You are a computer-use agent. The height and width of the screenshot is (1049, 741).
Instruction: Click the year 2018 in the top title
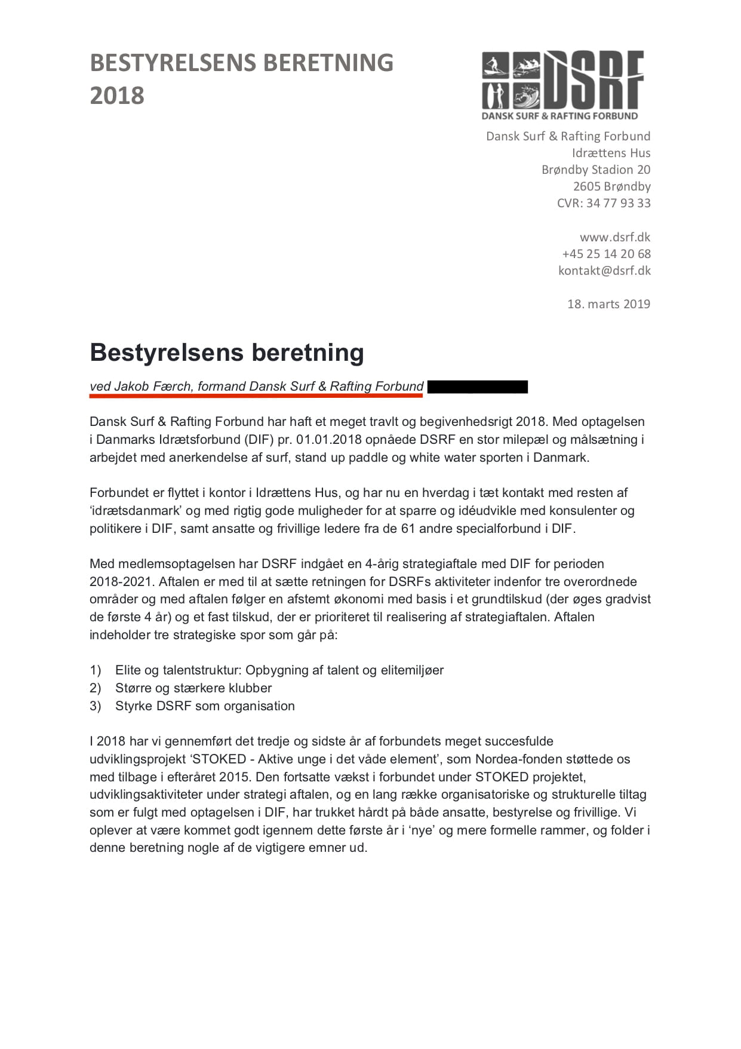pyautogui.click(x=117, y=96)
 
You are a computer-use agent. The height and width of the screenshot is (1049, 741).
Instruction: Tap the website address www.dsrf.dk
pyautogui.click(x=614, y=237)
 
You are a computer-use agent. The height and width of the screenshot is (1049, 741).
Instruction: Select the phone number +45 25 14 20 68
pyautogui.click(x=606, y=254)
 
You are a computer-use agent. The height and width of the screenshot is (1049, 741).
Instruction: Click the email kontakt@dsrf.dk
pyautogui.click(x=604, y=271)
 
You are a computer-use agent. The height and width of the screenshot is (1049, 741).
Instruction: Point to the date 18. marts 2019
pyautogui.click(x=608, y=304)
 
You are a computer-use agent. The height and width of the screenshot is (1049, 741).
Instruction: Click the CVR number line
pyautogui.click(x=604, y=203)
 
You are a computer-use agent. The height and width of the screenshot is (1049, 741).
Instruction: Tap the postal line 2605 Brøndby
pyautogui.click(x=611, y=186)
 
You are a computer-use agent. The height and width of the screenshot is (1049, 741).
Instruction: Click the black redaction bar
pyautogui.click(x=478, y=387)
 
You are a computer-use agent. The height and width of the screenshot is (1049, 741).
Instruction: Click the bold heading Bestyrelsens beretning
pyautogui.click(x=227, y=352)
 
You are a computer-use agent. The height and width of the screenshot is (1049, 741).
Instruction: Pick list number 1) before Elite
pyautogui.click(x=96, y=670)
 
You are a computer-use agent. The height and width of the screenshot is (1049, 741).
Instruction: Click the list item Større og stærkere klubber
pyautogui.click(x=193, y=688)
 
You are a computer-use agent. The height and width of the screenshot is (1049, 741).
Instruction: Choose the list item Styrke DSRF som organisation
pyautogui.click(x=205, y=706)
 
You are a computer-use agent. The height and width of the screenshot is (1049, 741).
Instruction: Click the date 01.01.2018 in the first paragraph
pyautogui.click(x=328, y=440)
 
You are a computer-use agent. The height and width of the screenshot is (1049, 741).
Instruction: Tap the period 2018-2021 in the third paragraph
pyautogui.click(x=121, y=582)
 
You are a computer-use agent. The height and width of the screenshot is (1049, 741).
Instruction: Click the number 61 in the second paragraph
pyautogui.click(x=408, y=529)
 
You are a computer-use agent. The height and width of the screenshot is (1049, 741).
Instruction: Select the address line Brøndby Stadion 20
pyautogui.click(x=596, y=170)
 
